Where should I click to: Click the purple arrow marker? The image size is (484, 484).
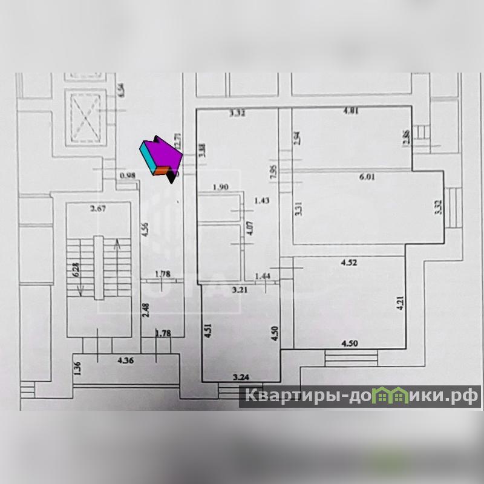161,156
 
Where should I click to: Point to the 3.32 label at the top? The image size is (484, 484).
237,113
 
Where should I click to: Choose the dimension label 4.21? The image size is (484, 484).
399,302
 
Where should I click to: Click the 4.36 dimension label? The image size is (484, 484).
126,361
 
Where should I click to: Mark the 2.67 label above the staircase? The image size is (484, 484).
98,209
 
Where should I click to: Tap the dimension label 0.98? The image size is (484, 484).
128,175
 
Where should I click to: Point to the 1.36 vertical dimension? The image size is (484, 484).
76,368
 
